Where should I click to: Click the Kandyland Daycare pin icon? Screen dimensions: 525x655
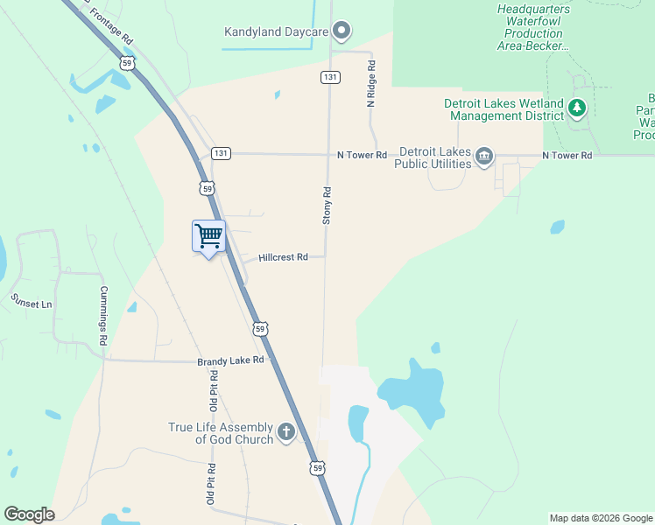(342, 32)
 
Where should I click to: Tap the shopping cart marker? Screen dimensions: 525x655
(208, 236)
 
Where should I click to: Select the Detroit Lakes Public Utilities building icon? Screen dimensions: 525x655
(483, 157)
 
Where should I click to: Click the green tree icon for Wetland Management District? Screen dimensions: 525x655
(576, 108)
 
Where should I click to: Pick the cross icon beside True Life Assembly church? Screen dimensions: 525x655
(286, 432)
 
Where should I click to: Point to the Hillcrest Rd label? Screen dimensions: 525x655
(283, 257)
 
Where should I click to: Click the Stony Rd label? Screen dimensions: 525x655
(327, 206)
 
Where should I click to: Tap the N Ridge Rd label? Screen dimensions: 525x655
(371, 84)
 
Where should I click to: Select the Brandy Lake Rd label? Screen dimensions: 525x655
(230, 360)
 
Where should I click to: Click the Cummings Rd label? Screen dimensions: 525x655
(103, 315)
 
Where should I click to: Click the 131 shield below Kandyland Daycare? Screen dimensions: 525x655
(329, 77)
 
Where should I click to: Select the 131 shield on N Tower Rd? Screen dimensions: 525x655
(221, 153)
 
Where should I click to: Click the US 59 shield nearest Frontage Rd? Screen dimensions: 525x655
(128, 63)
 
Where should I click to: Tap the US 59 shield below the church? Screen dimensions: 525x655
(317, 469)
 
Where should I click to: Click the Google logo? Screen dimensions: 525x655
(29, 515)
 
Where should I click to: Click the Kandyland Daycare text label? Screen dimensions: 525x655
(276, 32)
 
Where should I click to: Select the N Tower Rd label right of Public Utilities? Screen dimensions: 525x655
(567, 155)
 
